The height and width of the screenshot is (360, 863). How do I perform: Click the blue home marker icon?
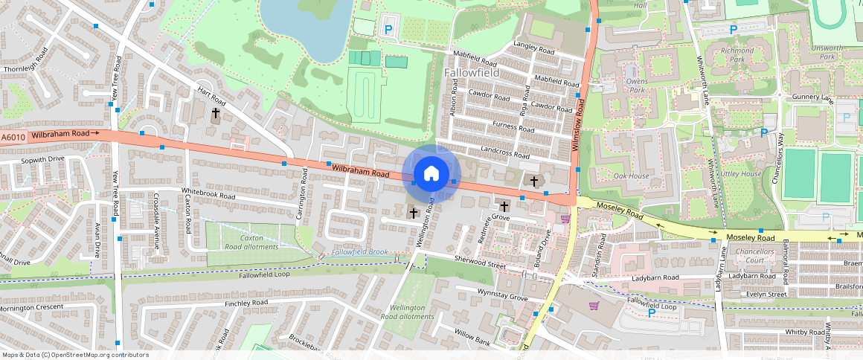pos(431,175)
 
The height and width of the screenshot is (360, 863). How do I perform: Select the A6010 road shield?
pos(13,137)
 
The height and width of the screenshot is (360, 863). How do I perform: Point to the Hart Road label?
pos(211,96)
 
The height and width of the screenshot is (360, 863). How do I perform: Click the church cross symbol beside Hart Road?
pos(216,114)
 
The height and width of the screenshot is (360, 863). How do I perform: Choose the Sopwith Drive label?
pos(42,159)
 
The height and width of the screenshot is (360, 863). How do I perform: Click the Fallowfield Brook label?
pos(360,253)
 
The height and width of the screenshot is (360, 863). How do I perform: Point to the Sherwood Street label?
pos(480,261)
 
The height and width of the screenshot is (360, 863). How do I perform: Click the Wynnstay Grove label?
pos(502,295)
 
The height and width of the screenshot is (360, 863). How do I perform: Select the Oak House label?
pos(632,176)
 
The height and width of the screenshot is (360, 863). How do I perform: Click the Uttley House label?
pos(741,173)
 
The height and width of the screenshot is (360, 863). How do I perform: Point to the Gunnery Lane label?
pos(813,97)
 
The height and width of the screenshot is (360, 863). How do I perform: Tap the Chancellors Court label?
pos(755,256)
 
